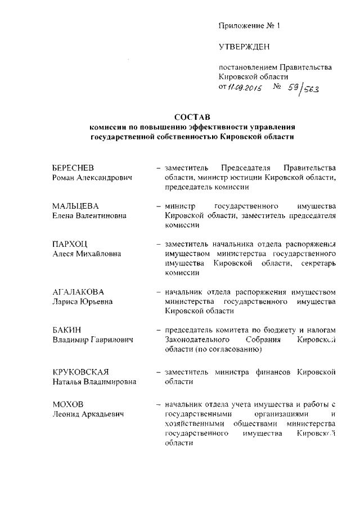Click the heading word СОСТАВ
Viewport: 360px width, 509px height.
pos(191,117)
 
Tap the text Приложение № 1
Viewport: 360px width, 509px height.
pos(249,26)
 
